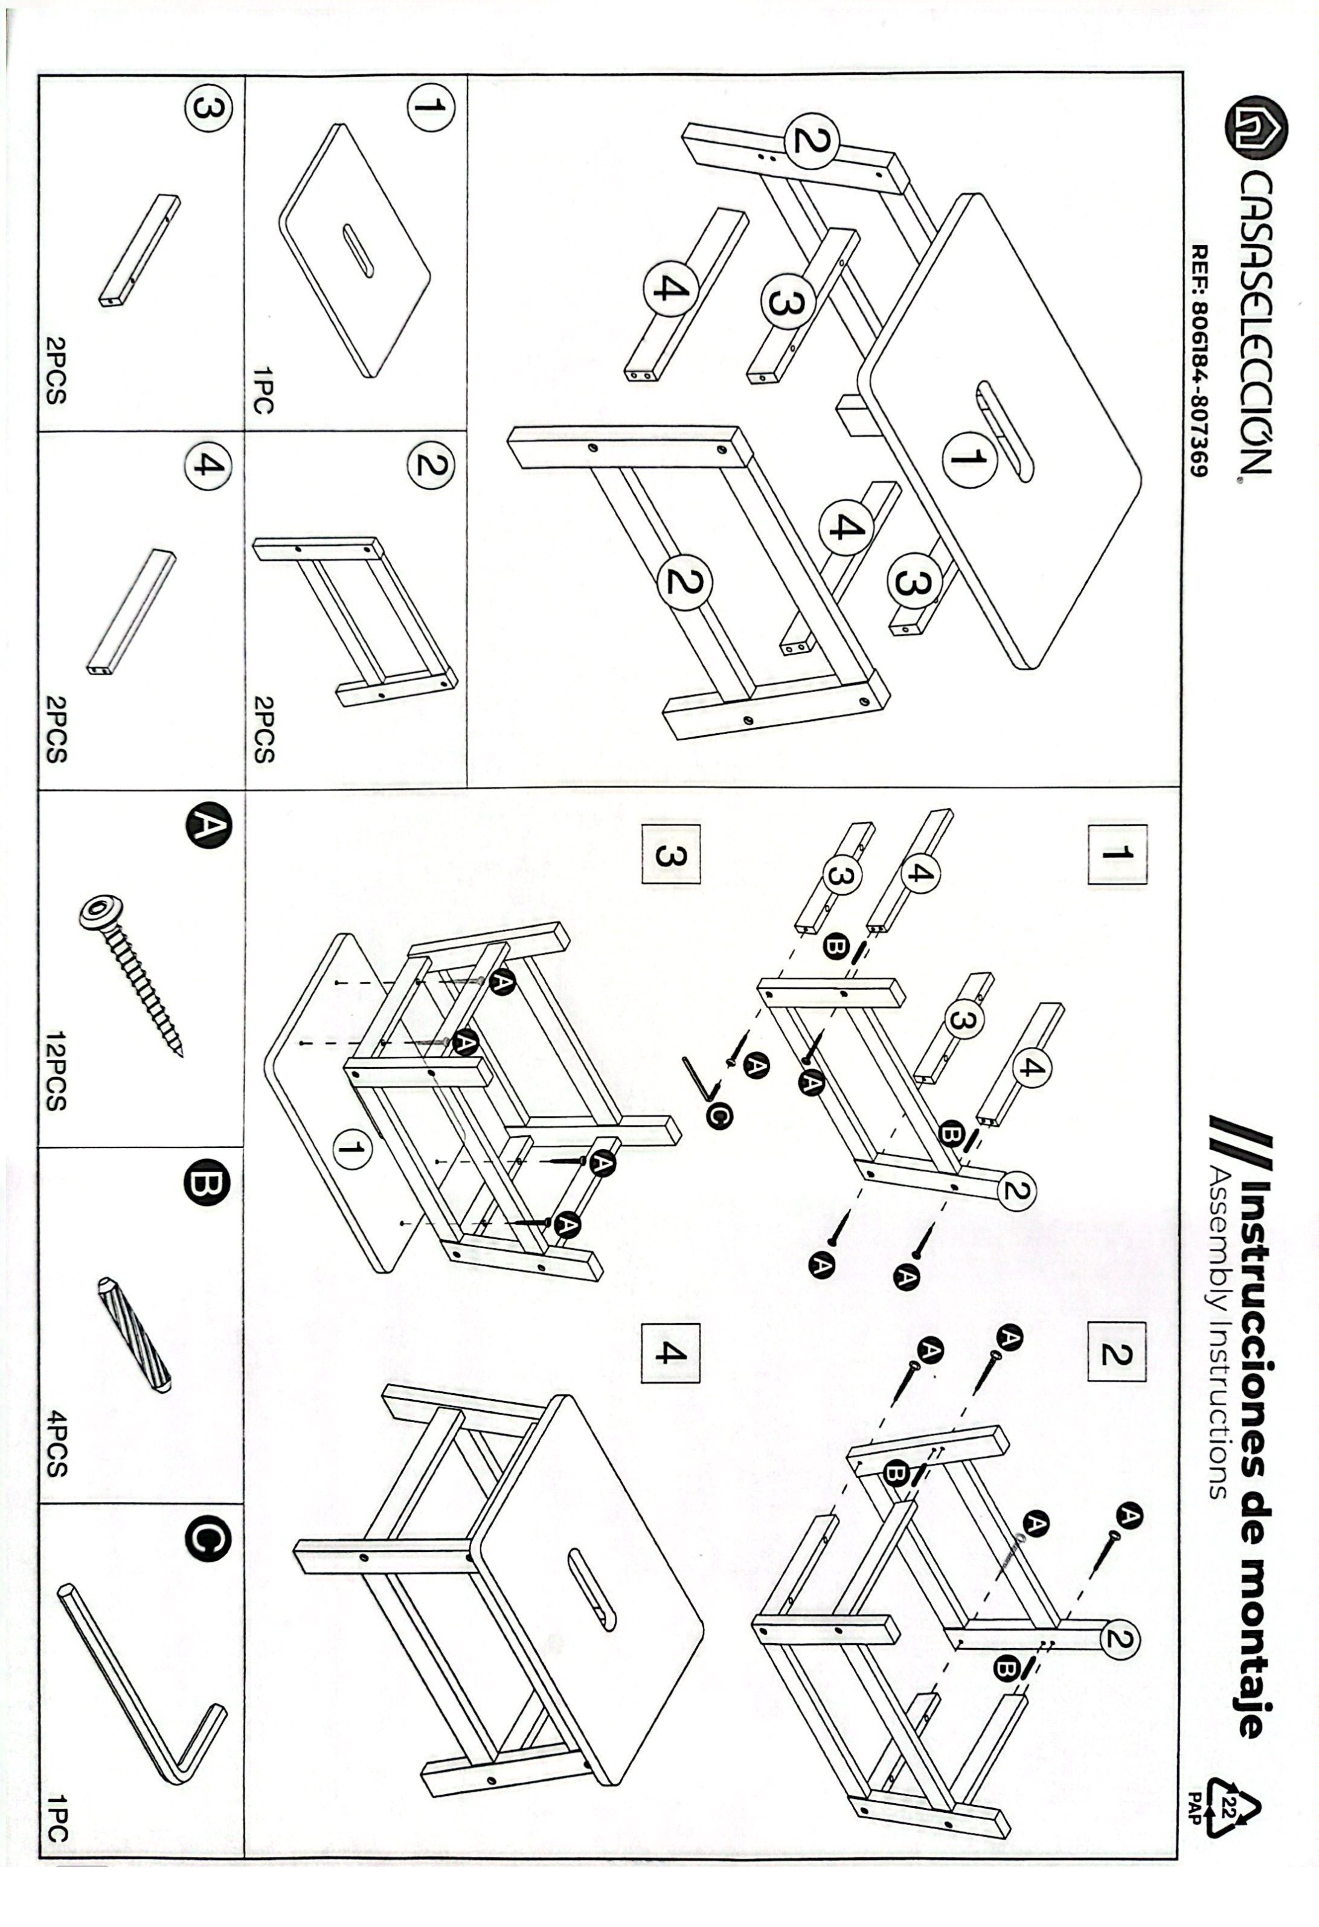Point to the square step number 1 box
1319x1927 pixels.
pyautogui.click(x=1116, y=853)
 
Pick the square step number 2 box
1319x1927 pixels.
pyautogui.click(x=1116, y=1353)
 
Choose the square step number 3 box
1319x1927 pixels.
pyautogui.click(x=670, y=853)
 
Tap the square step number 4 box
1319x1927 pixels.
pyautogui.click(x=670, y=1353)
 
